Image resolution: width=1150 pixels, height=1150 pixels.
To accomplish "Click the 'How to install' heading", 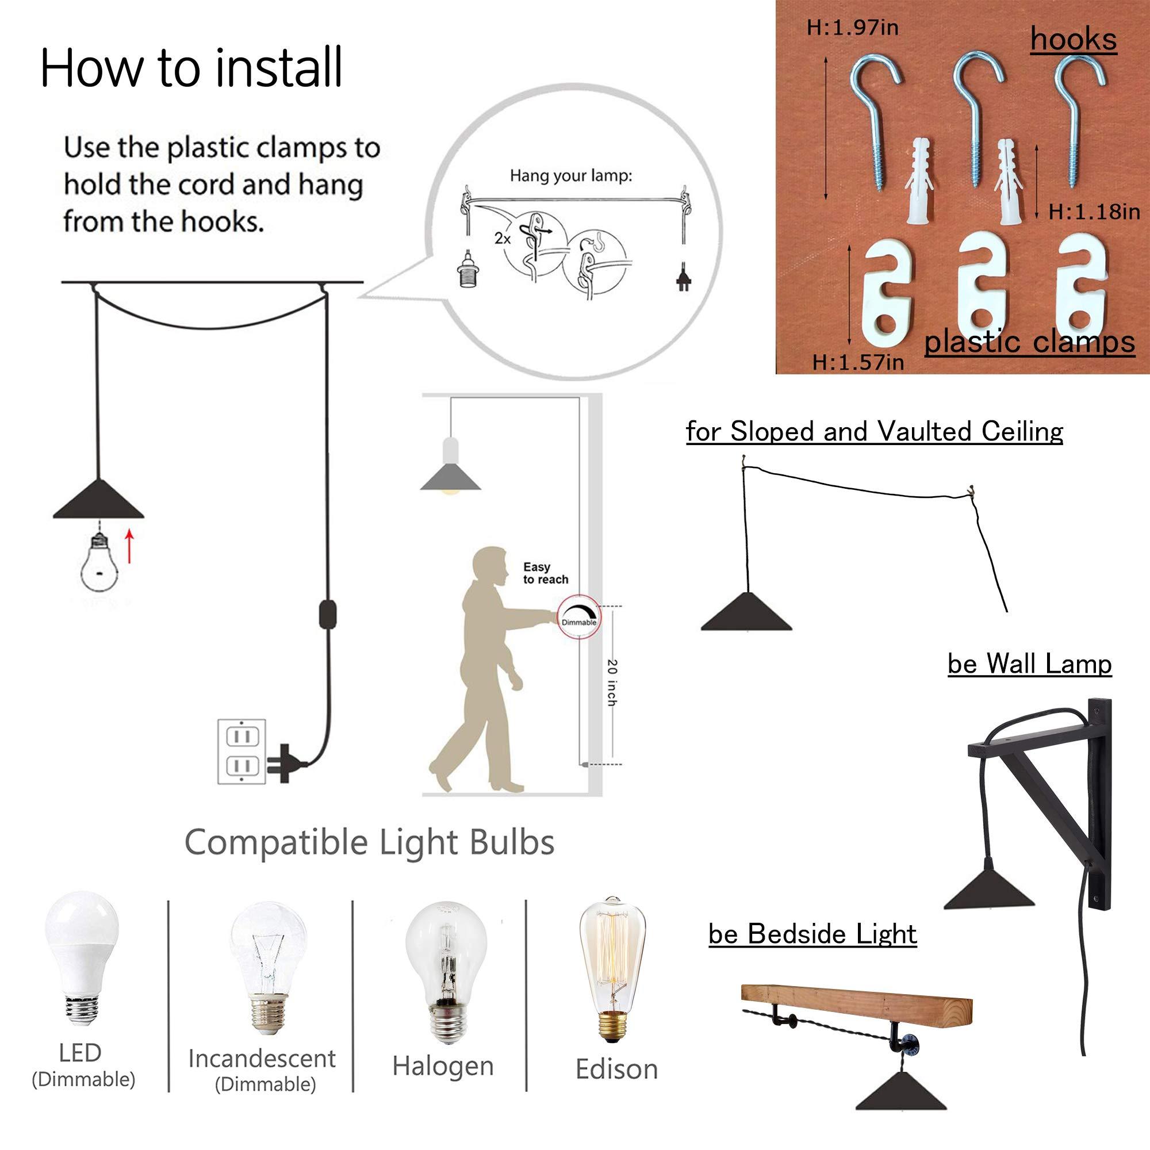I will point(191,68).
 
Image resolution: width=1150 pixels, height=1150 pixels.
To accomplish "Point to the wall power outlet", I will point(242,752).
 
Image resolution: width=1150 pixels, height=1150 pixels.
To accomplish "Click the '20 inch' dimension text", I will point(611,683).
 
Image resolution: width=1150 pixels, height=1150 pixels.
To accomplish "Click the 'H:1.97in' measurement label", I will point(852,28).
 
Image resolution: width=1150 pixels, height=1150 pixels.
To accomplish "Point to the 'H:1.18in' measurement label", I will point(1094,213).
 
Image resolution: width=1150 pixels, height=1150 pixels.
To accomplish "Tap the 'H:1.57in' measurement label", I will point(858,362).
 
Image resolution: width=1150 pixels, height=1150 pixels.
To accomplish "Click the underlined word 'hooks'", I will point(1073,40).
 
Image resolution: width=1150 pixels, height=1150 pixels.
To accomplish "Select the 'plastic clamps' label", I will point(1029,343).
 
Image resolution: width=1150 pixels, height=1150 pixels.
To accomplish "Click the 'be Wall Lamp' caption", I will point(1029,664).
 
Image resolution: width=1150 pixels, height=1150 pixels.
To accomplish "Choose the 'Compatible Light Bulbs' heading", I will point(369,842).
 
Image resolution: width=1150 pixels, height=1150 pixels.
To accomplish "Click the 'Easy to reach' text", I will point(545,573).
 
